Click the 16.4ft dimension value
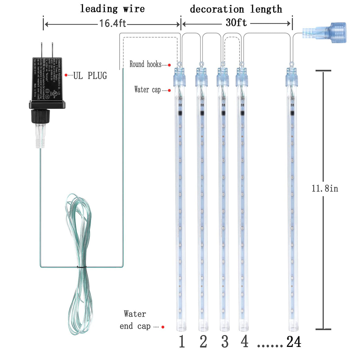[113, 23]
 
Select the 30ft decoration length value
[236, 23]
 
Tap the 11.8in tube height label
[325, 189]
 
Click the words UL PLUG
[90, 76]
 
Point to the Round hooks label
[145, 64]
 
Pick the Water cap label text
[147, 90]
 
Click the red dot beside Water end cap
[163, 327]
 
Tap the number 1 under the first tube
[182, 342]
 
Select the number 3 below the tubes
[225, 342]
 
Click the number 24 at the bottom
[294, 342]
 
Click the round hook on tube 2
[202, 64]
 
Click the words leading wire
[112, 9]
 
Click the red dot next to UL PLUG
[66, 75]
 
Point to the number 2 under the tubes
[203, 342]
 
